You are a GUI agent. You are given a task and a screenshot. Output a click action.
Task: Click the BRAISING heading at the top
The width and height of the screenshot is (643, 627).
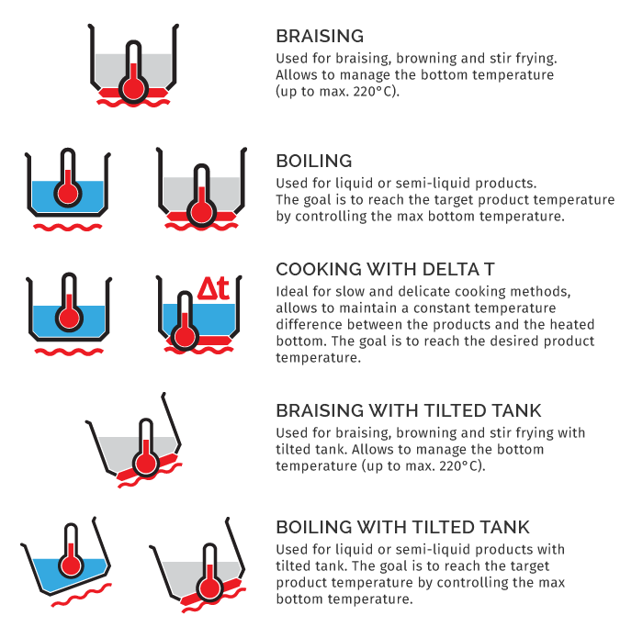320,36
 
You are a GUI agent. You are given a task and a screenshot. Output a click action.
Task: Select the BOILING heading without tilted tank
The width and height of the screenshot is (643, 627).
314,161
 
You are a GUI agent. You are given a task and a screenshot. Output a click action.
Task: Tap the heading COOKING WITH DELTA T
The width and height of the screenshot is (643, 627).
385,269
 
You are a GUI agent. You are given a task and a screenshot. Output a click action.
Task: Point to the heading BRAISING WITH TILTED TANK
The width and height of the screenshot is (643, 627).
409,410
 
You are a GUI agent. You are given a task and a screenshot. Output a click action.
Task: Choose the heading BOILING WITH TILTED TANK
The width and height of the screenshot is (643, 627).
402,527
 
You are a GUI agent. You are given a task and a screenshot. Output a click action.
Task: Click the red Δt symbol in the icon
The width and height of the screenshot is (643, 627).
213,288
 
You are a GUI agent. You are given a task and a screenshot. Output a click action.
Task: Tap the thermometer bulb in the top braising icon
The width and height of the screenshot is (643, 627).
133,87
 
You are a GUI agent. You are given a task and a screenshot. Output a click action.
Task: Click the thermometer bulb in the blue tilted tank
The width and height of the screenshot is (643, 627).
71,565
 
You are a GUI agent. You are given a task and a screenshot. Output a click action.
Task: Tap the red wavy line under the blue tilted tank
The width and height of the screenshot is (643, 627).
81,595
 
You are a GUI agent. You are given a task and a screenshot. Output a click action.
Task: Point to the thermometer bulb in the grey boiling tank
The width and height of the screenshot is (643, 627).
201,212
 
